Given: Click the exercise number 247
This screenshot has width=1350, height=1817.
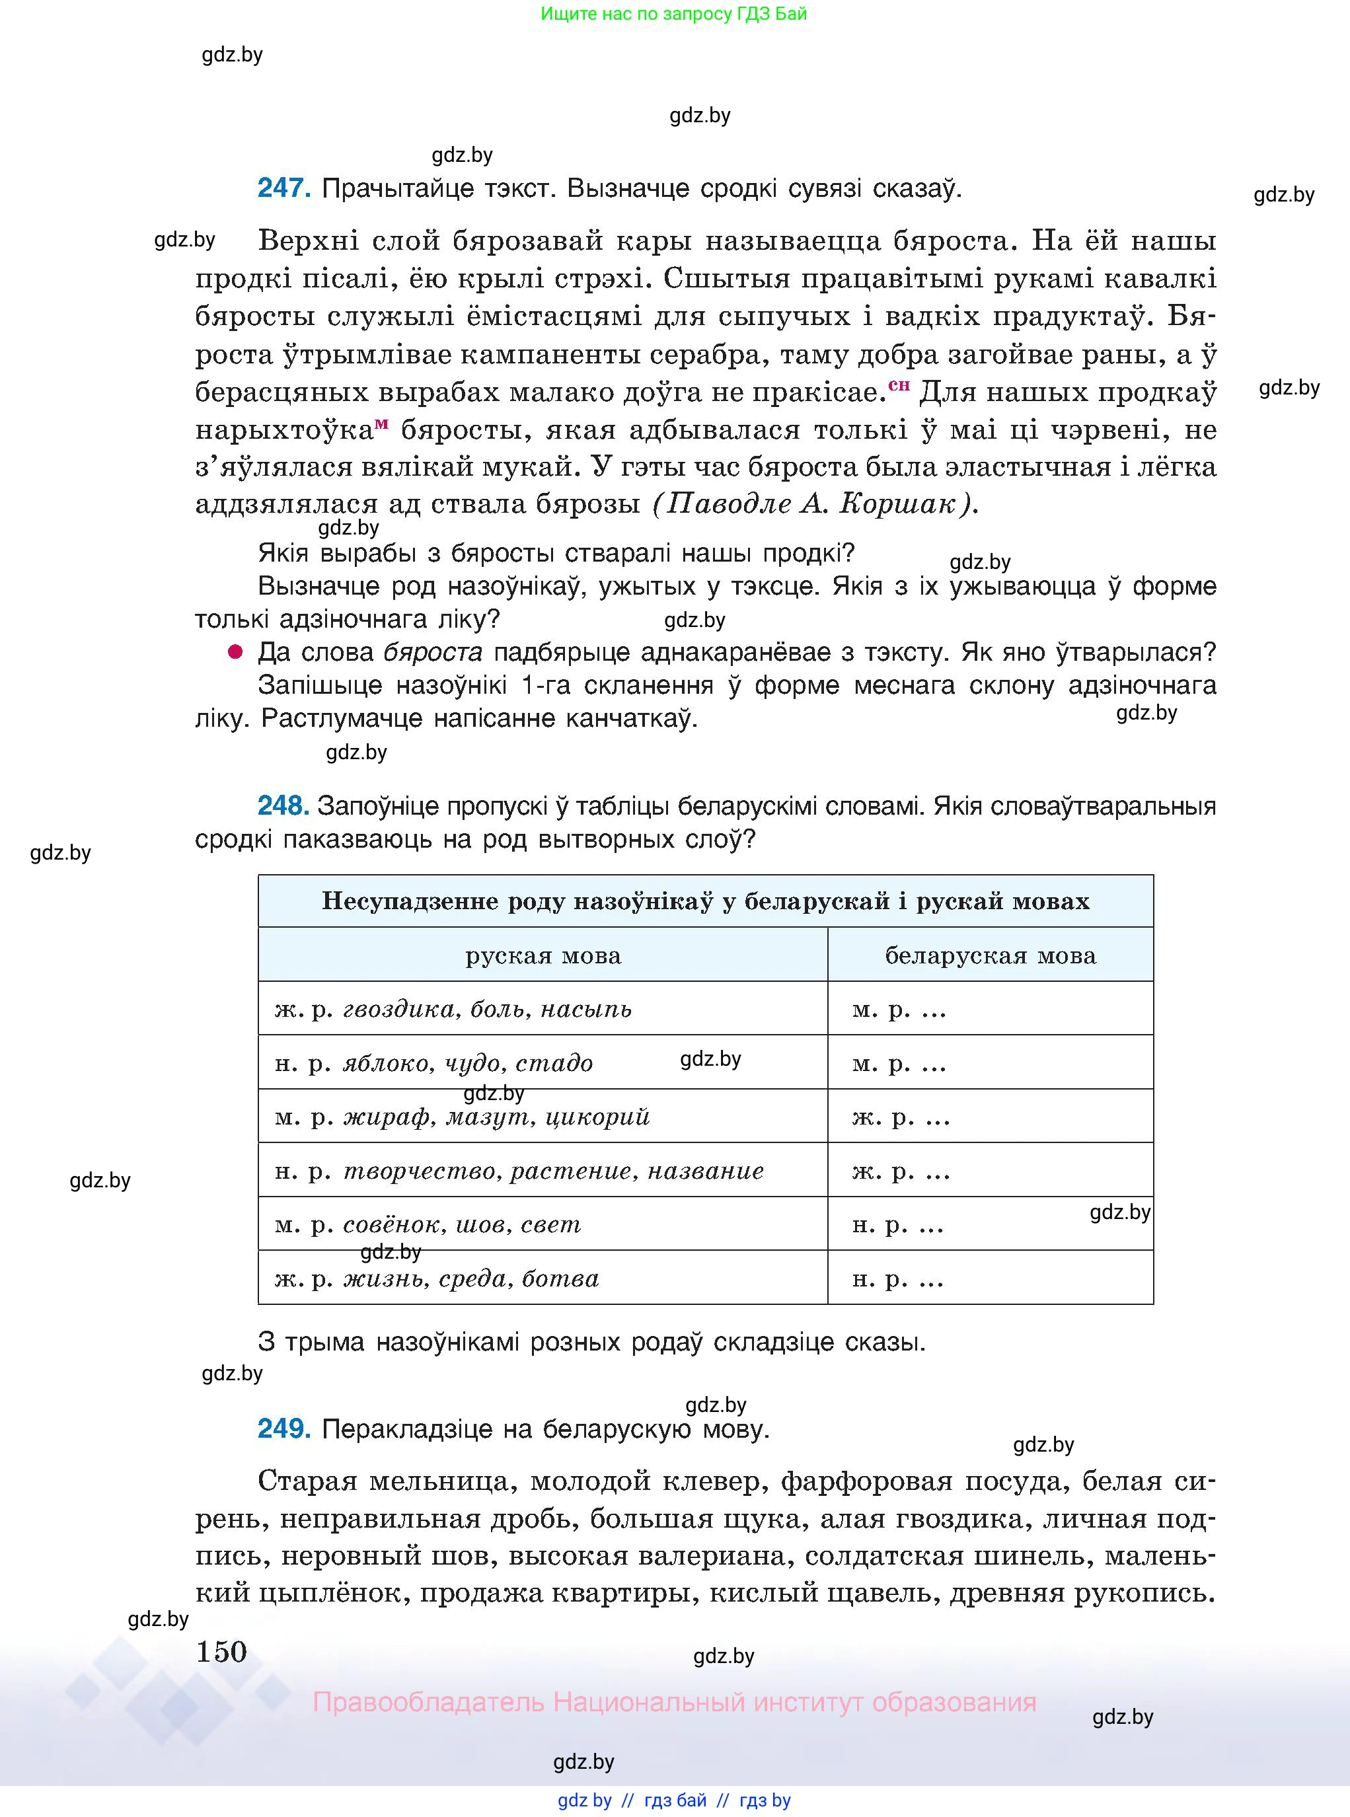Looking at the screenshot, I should pos(283,189).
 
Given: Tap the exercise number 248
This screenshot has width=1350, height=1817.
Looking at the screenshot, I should pos(283,806).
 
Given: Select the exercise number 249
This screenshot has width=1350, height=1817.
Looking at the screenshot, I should pos(283,1428).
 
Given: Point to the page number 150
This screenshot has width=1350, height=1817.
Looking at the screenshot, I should pos(221,1652).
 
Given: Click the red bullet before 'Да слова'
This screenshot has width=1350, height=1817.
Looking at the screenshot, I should pos(235,652).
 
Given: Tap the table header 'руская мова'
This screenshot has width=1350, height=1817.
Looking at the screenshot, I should pos(543,955).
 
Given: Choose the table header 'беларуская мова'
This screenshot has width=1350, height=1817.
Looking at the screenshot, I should pos(990,955).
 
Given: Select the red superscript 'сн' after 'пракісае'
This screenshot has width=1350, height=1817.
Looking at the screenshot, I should pos(899,385).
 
